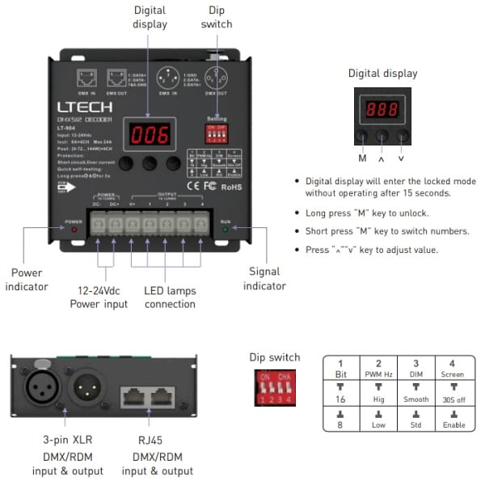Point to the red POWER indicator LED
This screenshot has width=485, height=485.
[x=74, y=229]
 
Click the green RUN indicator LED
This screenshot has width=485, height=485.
[x=228, y=229]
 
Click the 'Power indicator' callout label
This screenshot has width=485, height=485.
[x=29, y=279]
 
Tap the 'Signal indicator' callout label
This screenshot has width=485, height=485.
[x=266, y=279]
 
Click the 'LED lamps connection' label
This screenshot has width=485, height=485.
[x=170, y=297]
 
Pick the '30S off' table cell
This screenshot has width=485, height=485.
[x=452, y=399]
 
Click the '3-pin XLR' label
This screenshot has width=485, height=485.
[x=67, y=440]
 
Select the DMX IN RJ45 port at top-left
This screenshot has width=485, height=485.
[x=86, y=78]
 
